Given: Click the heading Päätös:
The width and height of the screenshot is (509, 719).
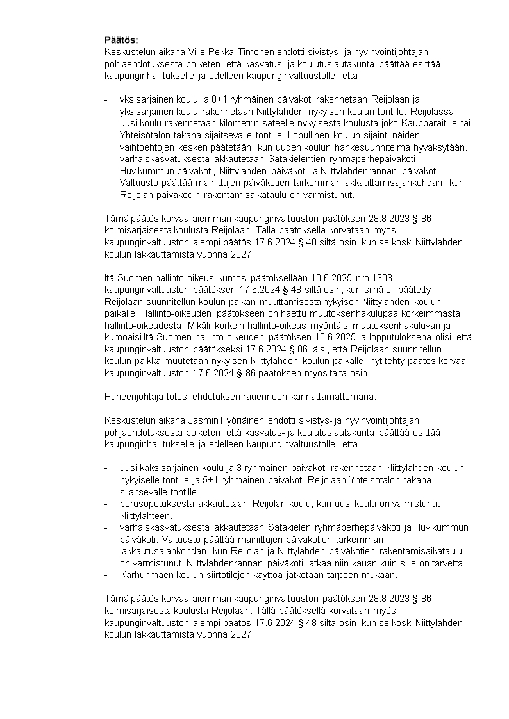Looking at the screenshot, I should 121,40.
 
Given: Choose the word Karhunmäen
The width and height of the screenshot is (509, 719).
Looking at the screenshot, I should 145,575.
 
